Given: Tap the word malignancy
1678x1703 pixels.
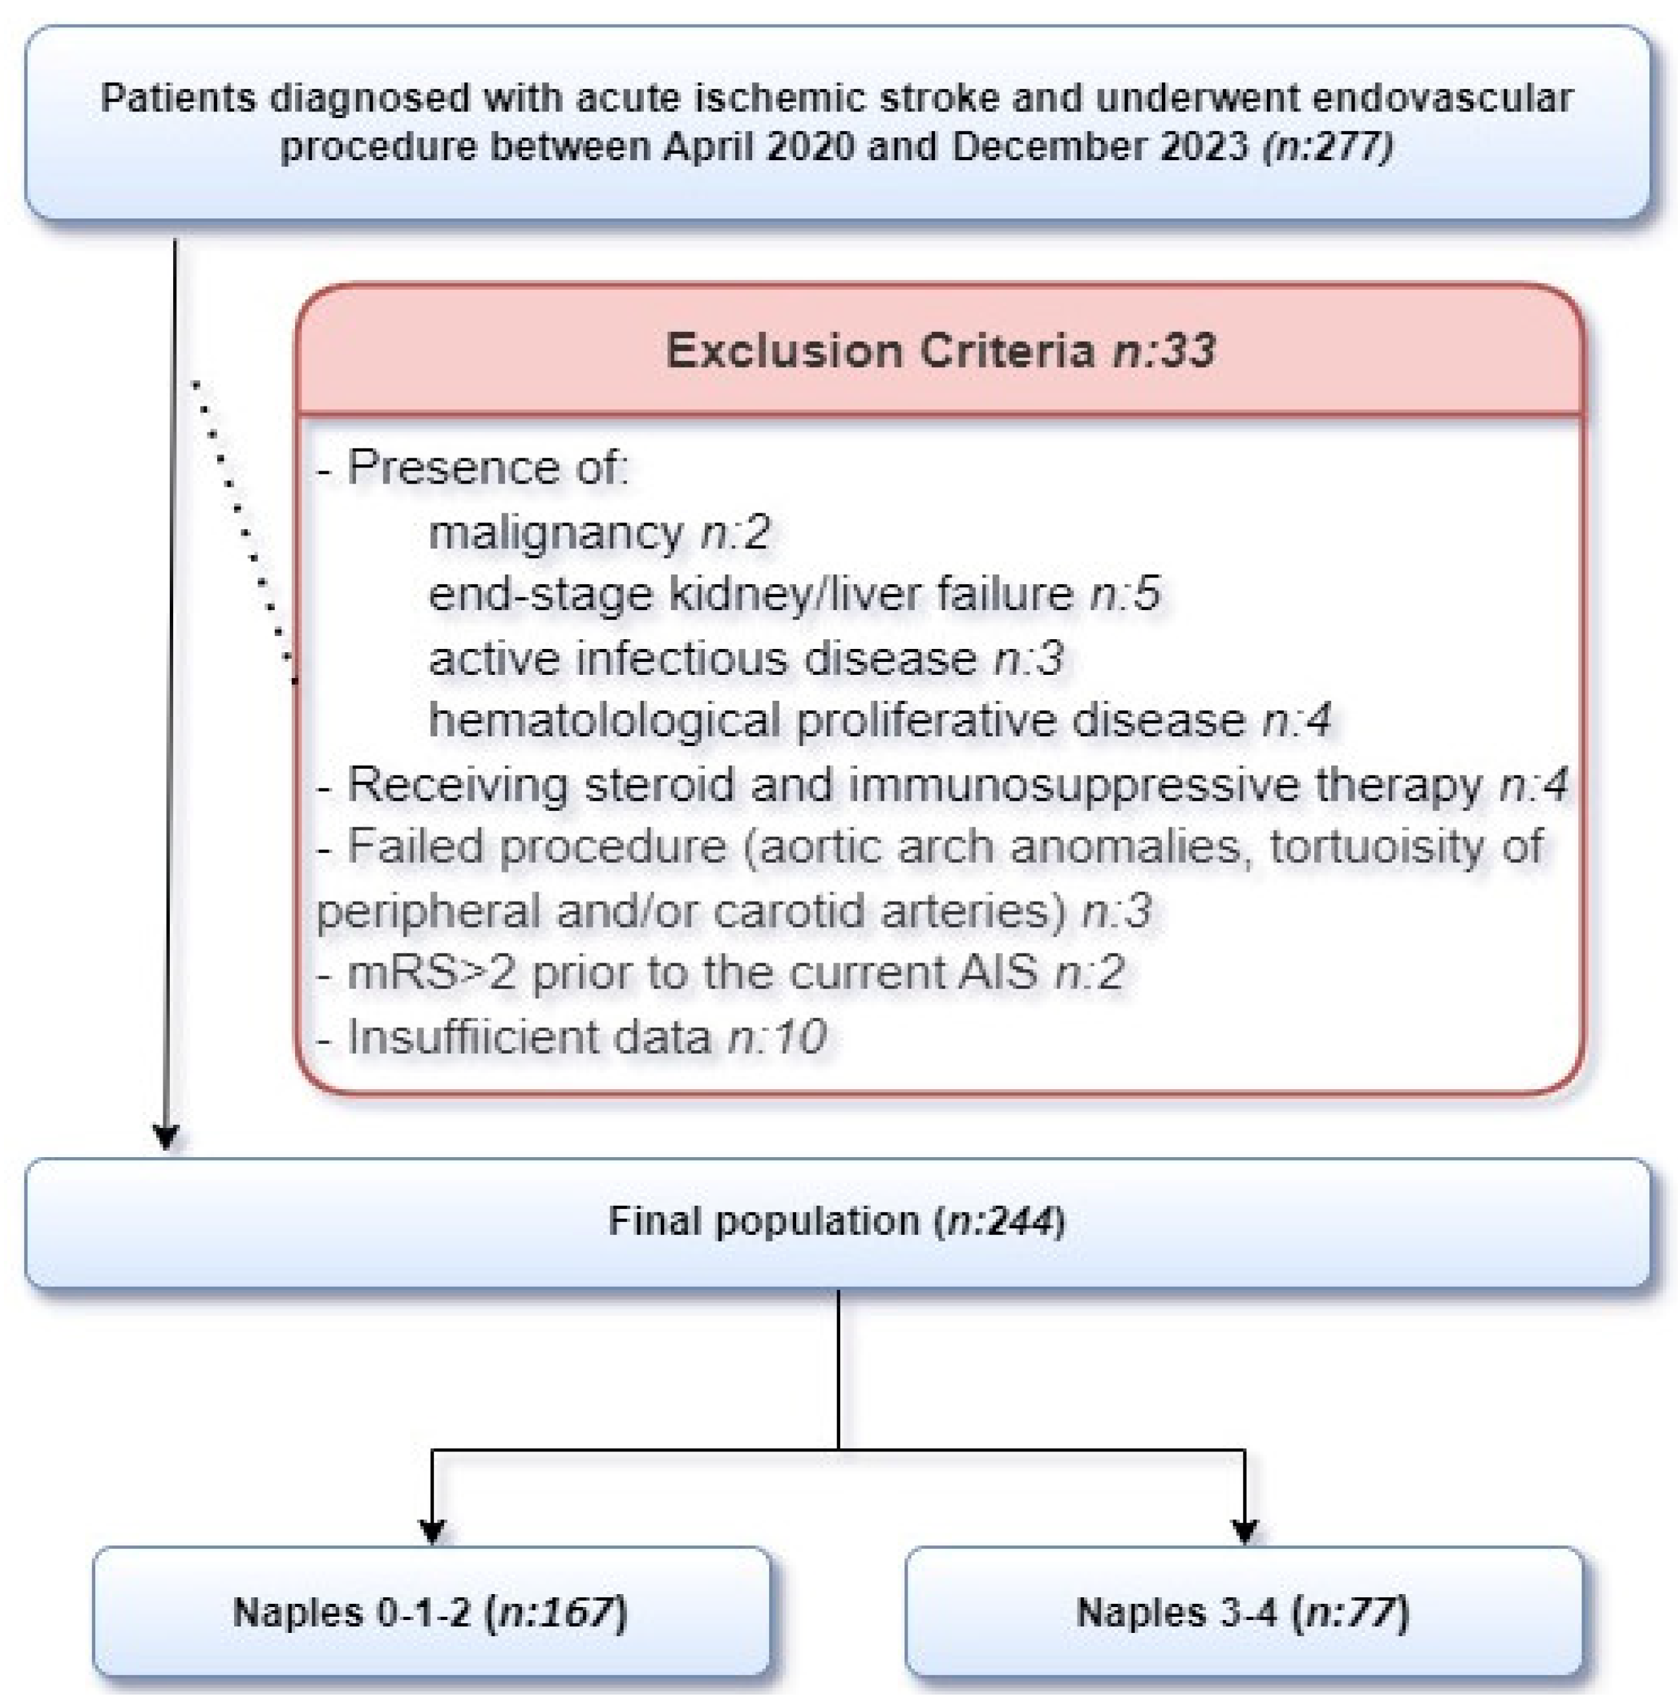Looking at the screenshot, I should tap(555, 532).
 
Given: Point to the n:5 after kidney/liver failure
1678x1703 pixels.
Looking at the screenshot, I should tap(1124, 594).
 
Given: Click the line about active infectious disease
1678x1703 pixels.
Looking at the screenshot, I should tap(746, 658).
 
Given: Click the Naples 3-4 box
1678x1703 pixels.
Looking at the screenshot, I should tap(1243, 1612).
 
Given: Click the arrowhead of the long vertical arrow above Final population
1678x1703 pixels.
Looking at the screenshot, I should tap(167, 1136).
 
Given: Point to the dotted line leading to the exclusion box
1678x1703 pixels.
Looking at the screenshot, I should tap(242, 528).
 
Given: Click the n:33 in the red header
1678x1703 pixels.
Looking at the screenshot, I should tap(1165, 351).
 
